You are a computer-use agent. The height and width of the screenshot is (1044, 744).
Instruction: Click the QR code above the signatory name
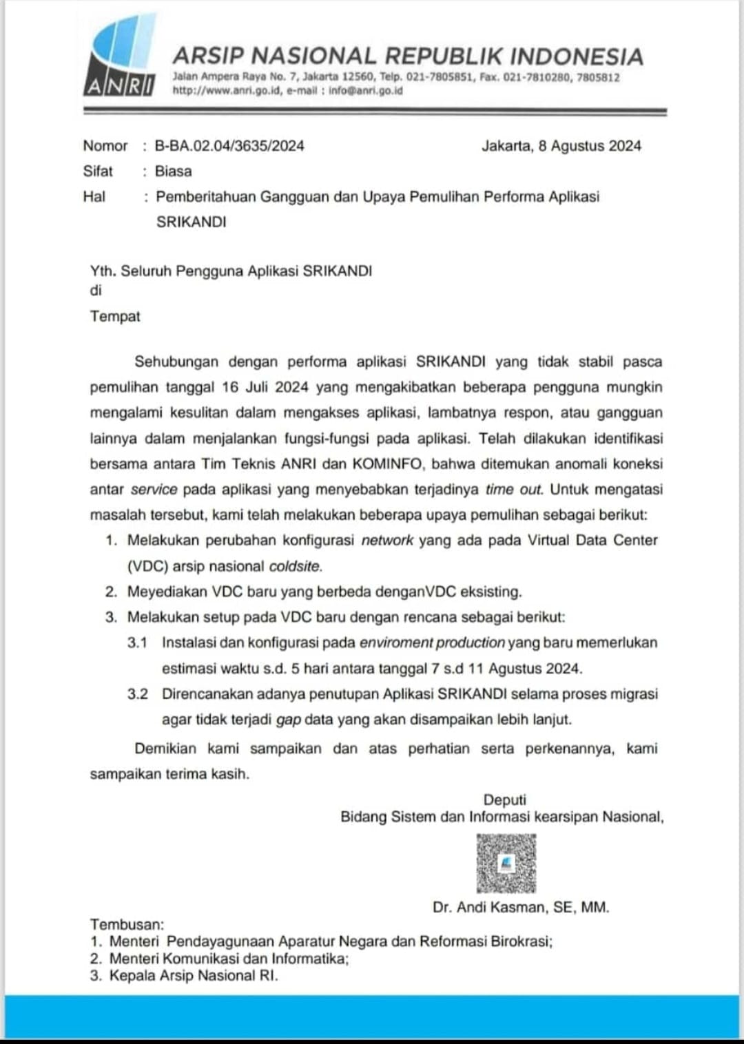506,864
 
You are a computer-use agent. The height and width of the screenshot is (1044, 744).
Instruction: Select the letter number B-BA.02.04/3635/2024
229,146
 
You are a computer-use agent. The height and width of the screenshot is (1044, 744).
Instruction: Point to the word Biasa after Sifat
173,171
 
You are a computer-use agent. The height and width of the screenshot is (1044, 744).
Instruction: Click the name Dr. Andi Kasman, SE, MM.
520,907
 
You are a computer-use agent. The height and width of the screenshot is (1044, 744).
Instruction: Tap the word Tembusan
127,924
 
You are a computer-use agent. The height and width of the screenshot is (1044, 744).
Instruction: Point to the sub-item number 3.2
137,693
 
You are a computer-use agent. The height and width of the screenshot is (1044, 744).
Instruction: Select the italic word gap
289,720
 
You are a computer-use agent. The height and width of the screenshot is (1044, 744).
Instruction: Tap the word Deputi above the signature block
504,800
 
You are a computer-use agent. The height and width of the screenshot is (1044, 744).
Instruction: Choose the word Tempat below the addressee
115,316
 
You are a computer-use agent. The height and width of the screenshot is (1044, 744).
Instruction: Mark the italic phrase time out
514,489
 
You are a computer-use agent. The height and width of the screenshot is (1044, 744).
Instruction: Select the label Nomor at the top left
105,146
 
